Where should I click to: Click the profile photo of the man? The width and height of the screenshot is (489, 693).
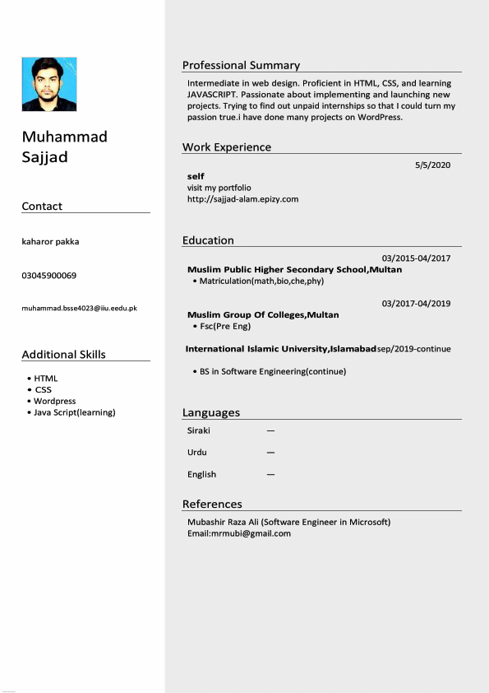[x=49, y=84]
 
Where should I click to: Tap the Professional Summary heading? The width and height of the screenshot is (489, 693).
[x=241, y=65]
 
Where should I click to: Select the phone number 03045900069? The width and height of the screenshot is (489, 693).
[x=48, y=275]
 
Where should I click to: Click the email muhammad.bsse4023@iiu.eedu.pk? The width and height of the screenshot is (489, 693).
[x=79, y=308]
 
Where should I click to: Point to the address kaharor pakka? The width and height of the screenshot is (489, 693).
[x=50, y=241]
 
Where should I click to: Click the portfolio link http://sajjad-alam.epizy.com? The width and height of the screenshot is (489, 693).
[x=242, y=199]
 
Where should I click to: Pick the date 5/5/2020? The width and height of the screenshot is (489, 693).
[x=433, y=165]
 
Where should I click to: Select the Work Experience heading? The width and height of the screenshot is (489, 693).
[x=226, y=147]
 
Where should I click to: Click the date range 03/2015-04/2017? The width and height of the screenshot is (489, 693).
[x=416, y=258]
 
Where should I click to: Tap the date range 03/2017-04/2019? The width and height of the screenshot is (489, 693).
[x=416, y=304]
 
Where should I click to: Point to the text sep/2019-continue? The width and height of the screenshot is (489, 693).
[x=413, y=349]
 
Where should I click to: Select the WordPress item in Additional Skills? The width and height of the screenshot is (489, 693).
[x=54, y=401]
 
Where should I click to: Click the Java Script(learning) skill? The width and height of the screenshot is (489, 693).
[x=74, y=412]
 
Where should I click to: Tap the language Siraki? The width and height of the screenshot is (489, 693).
[x=198, y=430]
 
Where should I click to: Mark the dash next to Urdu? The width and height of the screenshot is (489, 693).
[x=270, y=453]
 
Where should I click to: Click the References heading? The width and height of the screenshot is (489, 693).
[x=212, y=504]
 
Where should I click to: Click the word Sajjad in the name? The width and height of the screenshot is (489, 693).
[x=44, y=157]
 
